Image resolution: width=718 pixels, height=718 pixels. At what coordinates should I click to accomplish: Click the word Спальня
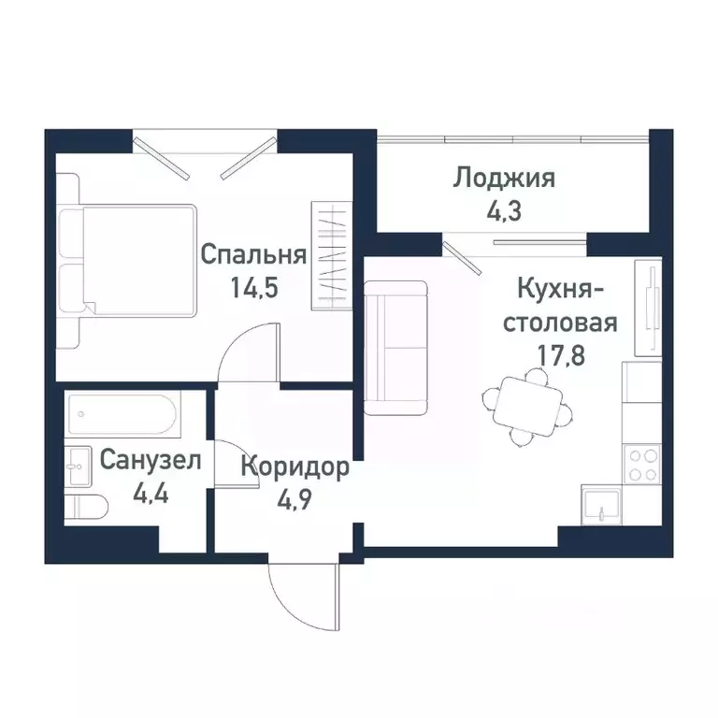254,255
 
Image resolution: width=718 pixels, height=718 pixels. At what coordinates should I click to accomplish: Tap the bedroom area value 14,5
254,287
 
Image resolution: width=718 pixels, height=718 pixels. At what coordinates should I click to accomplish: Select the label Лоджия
505,178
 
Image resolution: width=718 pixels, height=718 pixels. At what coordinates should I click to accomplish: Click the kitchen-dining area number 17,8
560,355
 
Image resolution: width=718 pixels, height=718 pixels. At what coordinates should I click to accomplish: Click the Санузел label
150,459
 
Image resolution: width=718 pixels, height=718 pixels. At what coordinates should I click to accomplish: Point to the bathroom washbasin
78,465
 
